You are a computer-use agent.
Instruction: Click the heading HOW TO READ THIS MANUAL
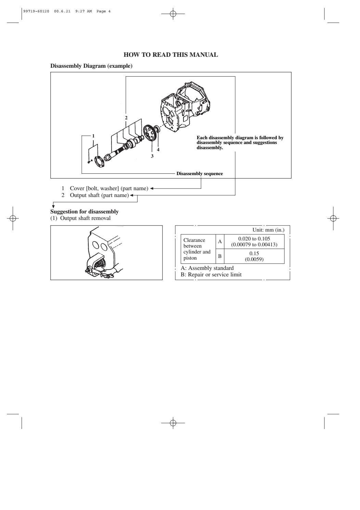170,55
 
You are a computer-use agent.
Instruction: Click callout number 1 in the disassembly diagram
93,136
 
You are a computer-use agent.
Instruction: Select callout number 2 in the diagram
126,118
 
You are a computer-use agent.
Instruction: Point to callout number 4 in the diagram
158,149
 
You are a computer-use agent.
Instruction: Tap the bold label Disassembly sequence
200,174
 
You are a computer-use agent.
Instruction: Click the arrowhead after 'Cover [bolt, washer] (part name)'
152,188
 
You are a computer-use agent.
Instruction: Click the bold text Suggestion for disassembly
85,211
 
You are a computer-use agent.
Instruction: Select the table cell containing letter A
220,241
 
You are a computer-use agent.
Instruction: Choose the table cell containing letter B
220,256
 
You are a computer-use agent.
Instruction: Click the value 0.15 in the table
254,253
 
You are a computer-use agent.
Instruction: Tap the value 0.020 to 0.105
254,238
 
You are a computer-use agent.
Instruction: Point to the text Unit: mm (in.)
268,230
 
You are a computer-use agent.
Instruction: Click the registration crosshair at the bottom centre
173,423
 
